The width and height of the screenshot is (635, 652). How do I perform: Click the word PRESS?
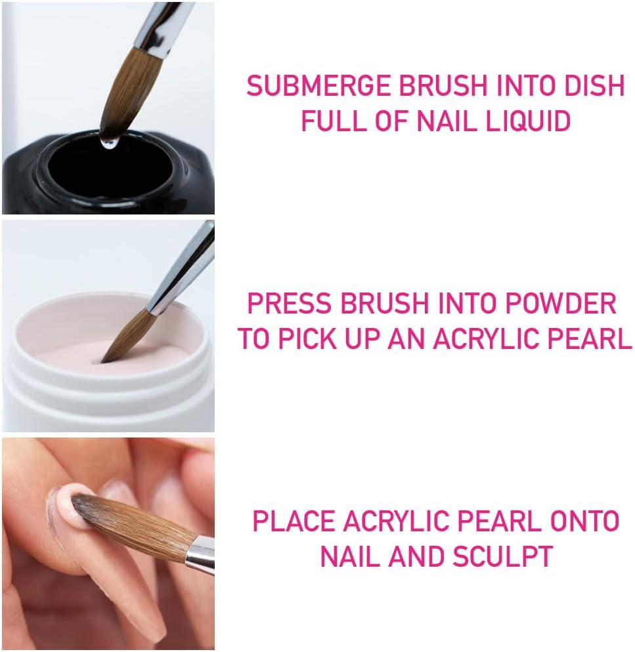[x=290, y=304]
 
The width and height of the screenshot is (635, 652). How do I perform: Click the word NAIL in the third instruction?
[x=350, y=556]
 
